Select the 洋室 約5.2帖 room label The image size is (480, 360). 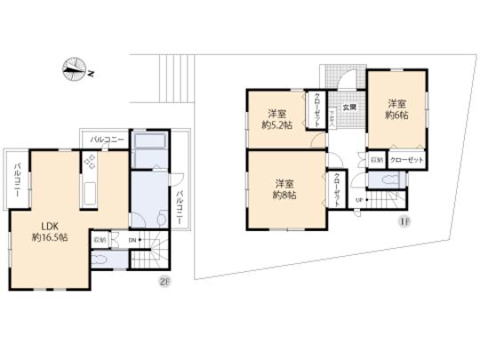[x=276, y=118]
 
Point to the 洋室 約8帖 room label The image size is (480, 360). [x=284, y=188]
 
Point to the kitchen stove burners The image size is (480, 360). [x=91, y=163]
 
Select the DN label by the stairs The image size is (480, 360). [x=132, y=240]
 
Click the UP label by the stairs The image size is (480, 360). [x=358, y=199]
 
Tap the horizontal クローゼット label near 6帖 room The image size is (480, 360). [x=406, y=159]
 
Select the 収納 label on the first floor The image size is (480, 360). [x=376, y=159]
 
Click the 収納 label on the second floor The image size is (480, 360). [x=98, y=239]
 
